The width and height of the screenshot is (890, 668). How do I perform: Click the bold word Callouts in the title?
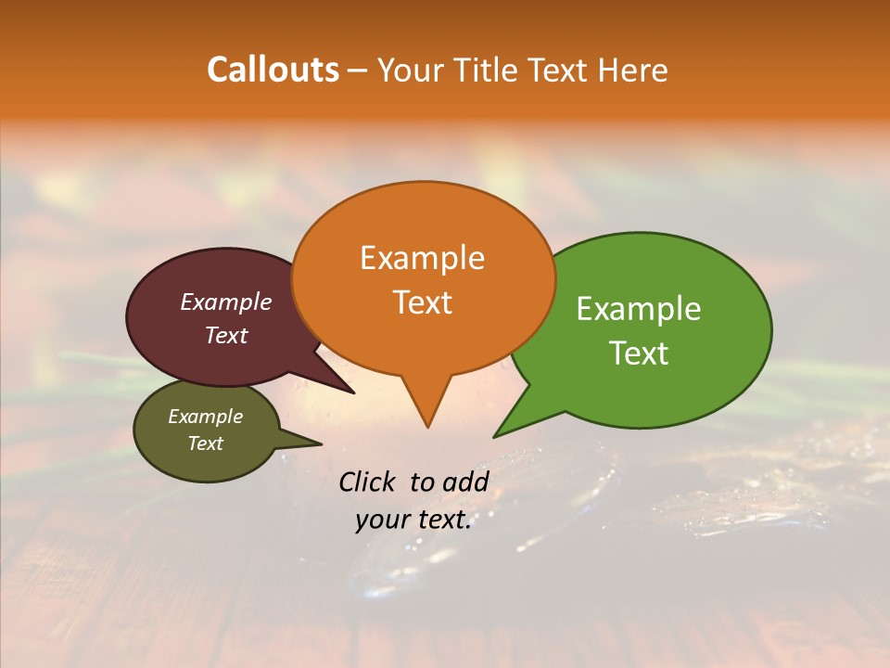(x=273, y=70)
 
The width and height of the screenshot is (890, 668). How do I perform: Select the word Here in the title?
(x=634, y=71)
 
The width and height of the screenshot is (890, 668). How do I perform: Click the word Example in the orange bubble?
(x=422, y=258)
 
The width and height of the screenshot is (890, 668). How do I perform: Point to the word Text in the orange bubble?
(x=422, y=302)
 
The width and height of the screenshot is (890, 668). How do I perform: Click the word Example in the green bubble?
(x=639, y=309)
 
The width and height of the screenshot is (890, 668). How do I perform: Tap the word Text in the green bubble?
(x=639, y=353)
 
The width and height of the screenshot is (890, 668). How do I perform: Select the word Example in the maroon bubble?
(x=225, y=302)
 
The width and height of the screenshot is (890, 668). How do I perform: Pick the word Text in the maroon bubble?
(x=226, y=335)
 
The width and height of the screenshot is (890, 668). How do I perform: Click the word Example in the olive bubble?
(x=205, y=417)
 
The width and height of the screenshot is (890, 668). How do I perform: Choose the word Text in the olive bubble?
(x=205, y=443)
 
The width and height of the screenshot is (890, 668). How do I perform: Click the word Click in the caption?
(x=368, y=482)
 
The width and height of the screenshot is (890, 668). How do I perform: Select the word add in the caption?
(x=465, y=482)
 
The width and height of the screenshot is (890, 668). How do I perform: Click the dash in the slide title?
(x=358, y=71)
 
